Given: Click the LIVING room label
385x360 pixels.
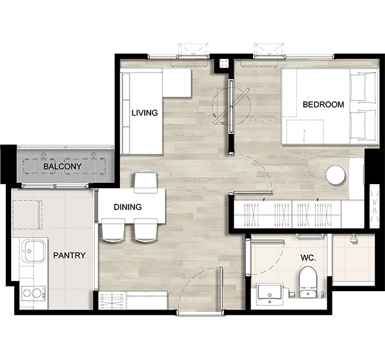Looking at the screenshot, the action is point(145,113).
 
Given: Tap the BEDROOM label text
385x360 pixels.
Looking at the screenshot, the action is point(323,104).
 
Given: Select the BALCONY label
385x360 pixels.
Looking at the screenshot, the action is point(62,167).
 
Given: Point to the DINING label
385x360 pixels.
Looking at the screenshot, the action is point(128,207).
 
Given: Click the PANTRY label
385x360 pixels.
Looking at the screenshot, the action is point(69,256).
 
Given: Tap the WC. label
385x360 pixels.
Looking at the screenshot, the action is point(308,258).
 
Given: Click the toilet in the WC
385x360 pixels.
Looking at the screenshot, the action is point(308,282).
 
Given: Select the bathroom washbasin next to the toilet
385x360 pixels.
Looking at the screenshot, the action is point(269,294).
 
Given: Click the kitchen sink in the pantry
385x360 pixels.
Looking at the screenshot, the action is point(34,251).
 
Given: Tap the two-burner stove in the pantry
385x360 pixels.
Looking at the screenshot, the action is point(33,293).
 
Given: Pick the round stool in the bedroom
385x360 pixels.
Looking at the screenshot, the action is point(335,175).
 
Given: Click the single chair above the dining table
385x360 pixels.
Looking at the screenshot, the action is point(145,181).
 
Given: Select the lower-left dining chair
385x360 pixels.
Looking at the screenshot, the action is point(113,230).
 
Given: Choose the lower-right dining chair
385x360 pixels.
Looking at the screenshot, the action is point(145,230).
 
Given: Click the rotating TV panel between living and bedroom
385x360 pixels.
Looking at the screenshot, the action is point(231,106).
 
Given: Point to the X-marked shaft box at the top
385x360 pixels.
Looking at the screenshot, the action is point(224,64).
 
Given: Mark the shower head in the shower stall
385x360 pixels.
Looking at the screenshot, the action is point(353,238).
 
